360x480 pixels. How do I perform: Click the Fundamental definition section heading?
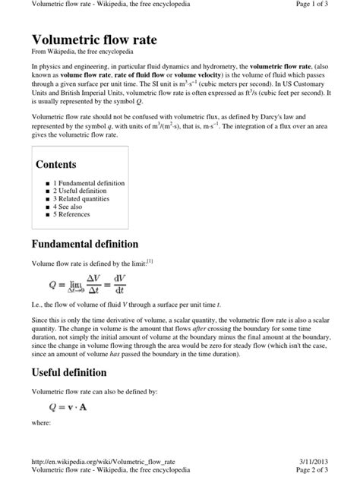tap(84, 244)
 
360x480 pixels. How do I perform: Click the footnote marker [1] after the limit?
tap(150, 261)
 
